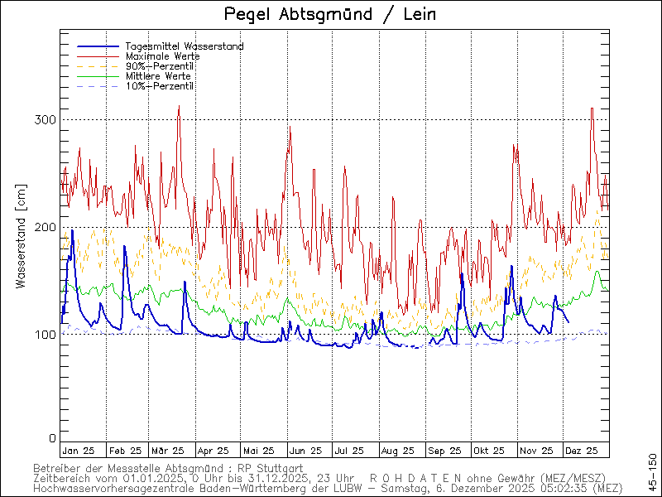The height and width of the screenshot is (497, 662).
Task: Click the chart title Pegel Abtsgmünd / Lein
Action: [330, 14]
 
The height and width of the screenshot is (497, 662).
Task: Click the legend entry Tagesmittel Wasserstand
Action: [184, 46]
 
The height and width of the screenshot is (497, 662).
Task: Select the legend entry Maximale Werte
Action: [162, 56]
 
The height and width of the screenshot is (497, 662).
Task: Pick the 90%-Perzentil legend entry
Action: [160, 66]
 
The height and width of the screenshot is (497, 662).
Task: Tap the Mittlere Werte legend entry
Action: [158, 76]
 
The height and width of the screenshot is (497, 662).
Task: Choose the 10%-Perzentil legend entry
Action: [160, 86]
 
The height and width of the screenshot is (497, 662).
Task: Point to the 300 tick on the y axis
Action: [46, 120]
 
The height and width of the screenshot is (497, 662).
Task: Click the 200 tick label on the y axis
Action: [46, 227]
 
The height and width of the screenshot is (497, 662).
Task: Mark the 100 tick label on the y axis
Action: [46, 335]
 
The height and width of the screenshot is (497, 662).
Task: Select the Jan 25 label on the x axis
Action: [78, 451]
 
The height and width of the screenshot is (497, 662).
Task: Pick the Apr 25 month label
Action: [213, 451]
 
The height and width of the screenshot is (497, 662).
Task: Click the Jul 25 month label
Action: [348, 451]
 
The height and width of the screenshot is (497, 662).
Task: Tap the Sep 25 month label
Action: [444, 451]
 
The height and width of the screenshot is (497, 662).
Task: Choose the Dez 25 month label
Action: [582, 451]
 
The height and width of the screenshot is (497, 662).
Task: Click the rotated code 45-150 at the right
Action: [653, 470]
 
